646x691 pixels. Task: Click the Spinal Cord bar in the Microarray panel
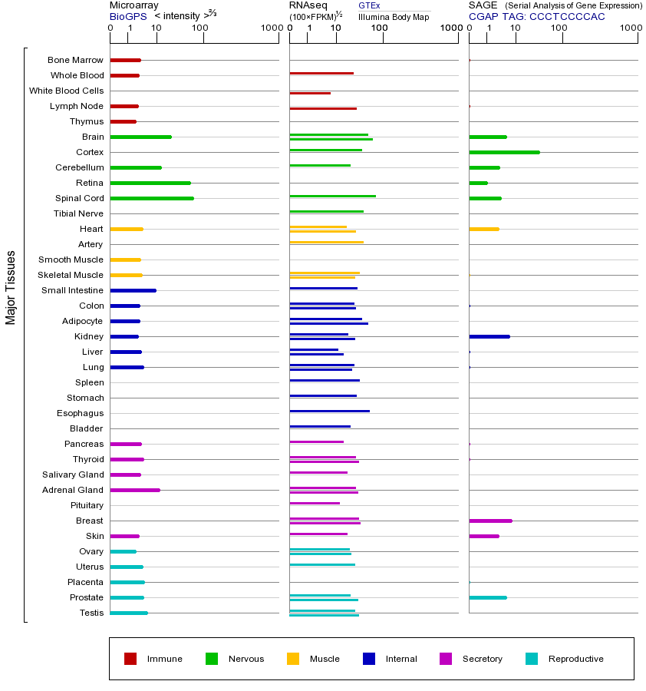click(152, 198)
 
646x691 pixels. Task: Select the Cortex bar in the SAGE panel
click(504, 152)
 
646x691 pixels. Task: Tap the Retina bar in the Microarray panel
click(150, 183)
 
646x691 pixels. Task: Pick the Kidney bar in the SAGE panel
click(489, 336)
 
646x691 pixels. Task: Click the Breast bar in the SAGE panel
click(490, 521)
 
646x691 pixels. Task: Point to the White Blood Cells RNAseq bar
click(310, 93)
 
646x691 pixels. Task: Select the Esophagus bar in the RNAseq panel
click(329, 412)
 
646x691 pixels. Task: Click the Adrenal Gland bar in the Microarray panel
click(135, 490)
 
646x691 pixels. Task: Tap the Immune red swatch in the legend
click(130, 659)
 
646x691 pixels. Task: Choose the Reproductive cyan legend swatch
click(532, 659)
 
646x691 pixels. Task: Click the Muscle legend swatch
click(293, 659)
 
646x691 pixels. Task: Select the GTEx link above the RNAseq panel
click(369, 5)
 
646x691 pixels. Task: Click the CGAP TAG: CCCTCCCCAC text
click(537, 16)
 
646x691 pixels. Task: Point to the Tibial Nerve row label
click(78, 213)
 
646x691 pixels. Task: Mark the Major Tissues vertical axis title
click(11, 287)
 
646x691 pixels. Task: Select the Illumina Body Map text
click(394, 16)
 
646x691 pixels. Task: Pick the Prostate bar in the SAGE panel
click(487, 597)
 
